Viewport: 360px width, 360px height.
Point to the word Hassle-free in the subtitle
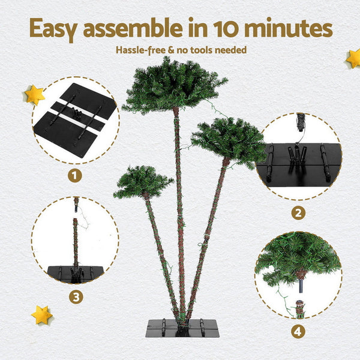(141, 50)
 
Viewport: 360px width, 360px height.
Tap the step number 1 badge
(75, 176)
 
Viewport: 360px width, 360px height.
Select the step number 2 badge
(298, 212)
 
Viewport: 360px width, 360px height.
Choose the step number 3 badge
(75, 296)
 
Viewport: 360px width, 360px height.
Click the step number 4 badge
(298, 331)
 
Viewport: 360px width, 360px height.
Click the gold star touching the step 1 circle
(34, 94)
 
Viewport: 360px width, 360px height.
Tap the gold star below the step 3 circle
(41, 314)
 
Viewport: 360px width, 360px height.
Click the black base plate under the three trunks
(182, 328)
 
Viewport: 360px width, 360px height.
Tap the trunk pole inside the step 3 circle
(76, 240)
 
